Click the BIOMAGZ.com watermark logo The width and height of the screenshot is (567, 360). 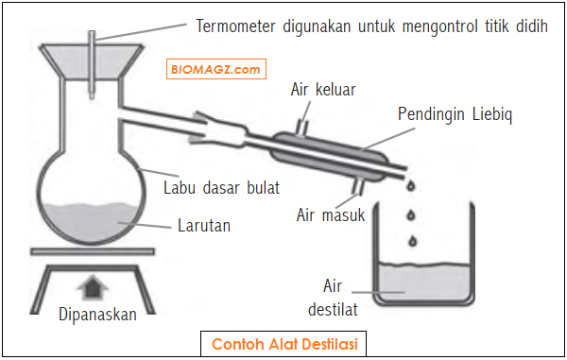(x=216, y=69)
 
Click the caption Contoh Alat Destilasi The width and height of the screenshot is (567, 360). (x=283, y=342)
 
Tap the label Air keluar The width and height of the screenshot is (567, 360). (x=323, y=90)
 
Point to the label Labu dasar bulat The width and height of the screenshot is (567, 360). (x=222, y=187)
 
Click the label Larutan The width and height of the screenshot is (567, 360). (x=204, y=226)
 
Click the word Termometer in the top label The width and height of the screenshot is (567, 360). (x=242, y=25)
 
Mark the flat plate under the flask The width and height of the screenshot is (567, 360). (x=89, y=251)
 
